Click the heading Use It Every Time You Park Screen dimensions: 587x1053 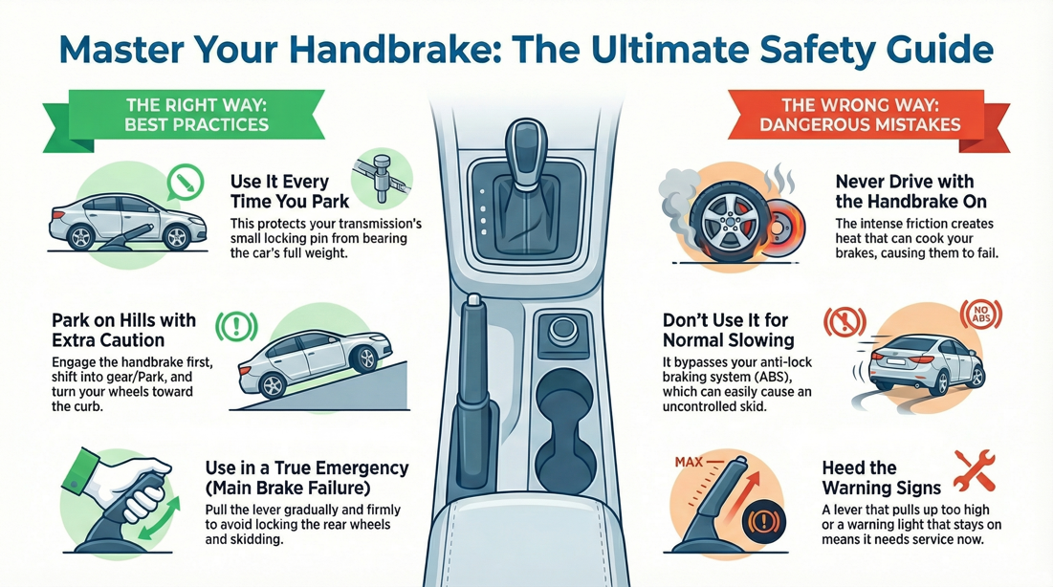click(x=280, y=191)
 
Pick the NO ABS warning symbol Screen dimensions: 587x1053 click(x=980, y=315)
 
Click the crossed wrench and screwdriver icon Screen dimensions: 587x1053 click(x=974, y=471)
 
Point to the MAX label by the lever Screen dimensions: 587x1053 click(x=689, y=463)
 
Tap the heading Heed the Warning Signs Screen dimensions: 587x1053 click(x=881, y=478)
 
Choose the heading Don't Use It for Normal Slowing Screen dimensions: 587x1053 click(x=729, y=330)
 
